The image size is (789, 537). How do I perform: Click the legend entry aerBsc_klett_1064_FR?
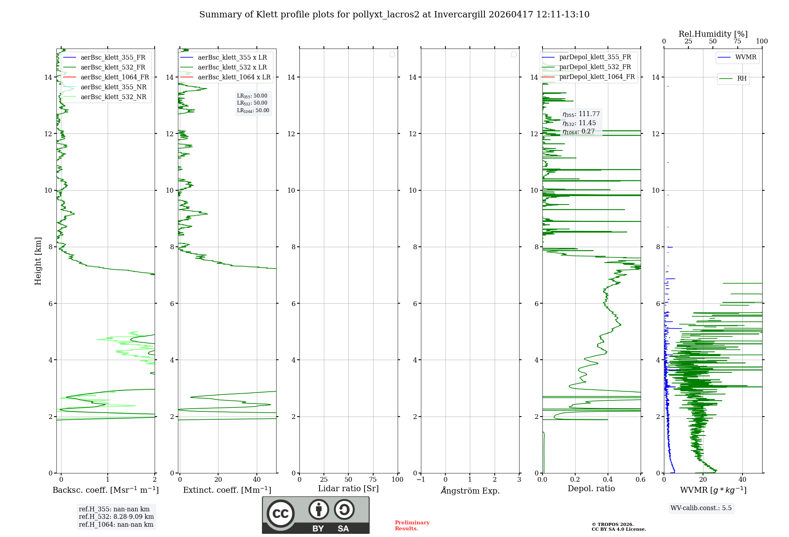pos(115,77)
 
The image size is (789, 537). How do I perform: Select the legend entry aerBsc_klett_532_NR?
pos(113,97)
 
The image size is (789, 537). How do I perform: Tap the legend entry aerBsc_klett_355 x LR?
pos(232,57)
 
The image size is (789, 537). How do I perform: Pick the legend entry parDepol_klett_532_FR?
pos(595,67)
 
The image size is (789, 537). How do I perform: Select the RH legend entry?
pos(742,79)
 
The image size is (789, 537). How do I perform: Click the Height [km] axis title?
pos(38,261)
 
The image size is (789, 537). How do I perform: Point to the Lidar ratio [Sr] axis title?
pos(348,488)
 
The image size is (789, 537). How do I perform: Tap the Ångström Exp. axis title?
pos(470,490)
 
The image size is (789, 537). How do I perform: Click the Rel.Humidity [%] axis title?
pos(713,34)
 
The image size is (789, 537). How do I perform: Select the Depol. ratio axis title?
pos(591,488)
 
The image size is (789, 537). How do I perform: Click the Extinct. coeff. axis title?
pos(227,490)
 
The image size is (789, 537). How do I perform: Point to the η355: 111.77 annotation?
pos(581,114)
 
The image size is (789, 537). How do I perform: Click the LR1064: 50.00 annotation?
pos(253,111)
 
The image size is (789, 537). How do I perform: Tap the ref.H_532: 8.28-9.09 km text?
pos(116,516)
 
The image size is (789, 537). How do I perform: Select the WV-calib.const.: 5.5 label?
pos(701,508)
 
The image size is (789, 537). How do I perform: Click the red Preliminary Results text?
pos(412,525)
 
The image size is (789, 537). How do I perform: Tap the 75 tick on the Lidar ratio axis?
pos(373,479)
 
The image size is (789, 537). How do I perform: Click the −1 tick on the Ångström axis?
pos(421,479)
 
